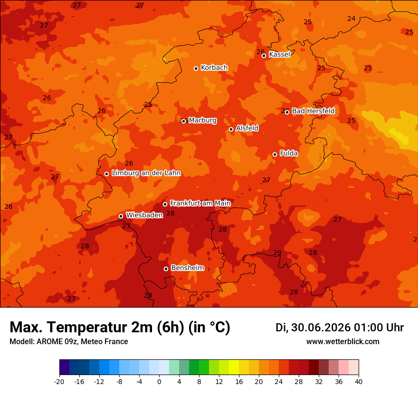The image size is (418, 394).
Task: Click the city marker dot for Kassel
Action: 264,56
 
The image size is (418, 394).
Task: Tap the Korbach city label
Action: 214,68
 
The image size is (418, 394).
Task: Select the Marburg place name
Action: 203,121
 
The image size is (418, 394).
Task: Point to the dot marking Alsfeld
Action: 231,129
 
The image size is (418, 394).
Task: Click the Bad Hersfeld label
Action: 313,111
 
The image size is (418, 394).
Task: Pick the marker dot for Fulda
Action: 275,154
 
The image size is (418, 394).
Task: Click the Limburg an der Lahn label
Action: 146,173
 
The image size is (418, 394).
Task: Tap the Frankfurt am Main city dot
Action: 165,204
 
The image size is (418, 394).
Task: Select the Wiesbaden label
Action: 144,215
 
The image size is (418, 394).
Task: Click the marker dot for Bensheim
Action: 166,269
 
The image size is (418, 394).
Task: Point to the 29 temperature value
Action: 277,253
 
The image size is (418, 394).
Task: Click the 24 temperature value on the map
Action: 351,19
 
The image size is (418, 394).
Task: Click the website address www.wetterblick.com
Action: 343,341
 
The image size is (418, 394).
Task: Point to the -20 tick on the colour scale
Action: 59,382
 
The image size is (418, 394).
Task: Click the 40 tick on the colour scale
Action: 359,382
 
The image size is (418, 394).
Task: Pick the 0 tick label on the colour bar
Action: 159,382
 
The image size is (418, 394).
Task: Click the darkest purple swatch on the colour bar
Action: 65,367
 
